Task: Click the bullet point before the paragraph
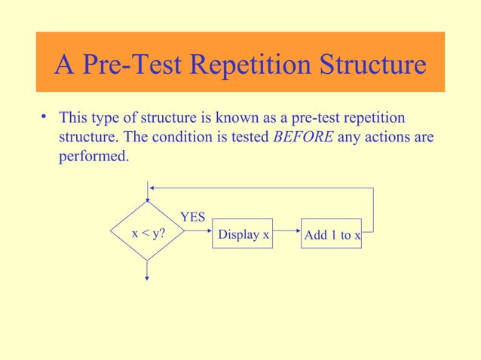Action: (x=44, y=117)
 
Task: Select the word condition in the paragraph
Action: (x=203, y=138)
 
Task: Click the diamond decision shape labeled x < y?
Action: (x=148, y=233)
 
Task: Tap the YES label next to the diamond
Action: (x=192, y=217)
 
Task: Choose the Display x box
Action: (x=243, y=234)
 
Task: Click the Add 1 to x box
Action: (x=332, y=234)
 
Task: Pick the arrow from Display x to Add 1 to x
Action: (x=286, y=233)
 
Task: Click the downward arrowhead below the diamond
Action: (x=148, y=277)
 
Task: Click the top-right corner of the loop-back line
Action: (x=373, y=188)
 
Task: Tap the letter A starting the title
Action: (x=64, y=66)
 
